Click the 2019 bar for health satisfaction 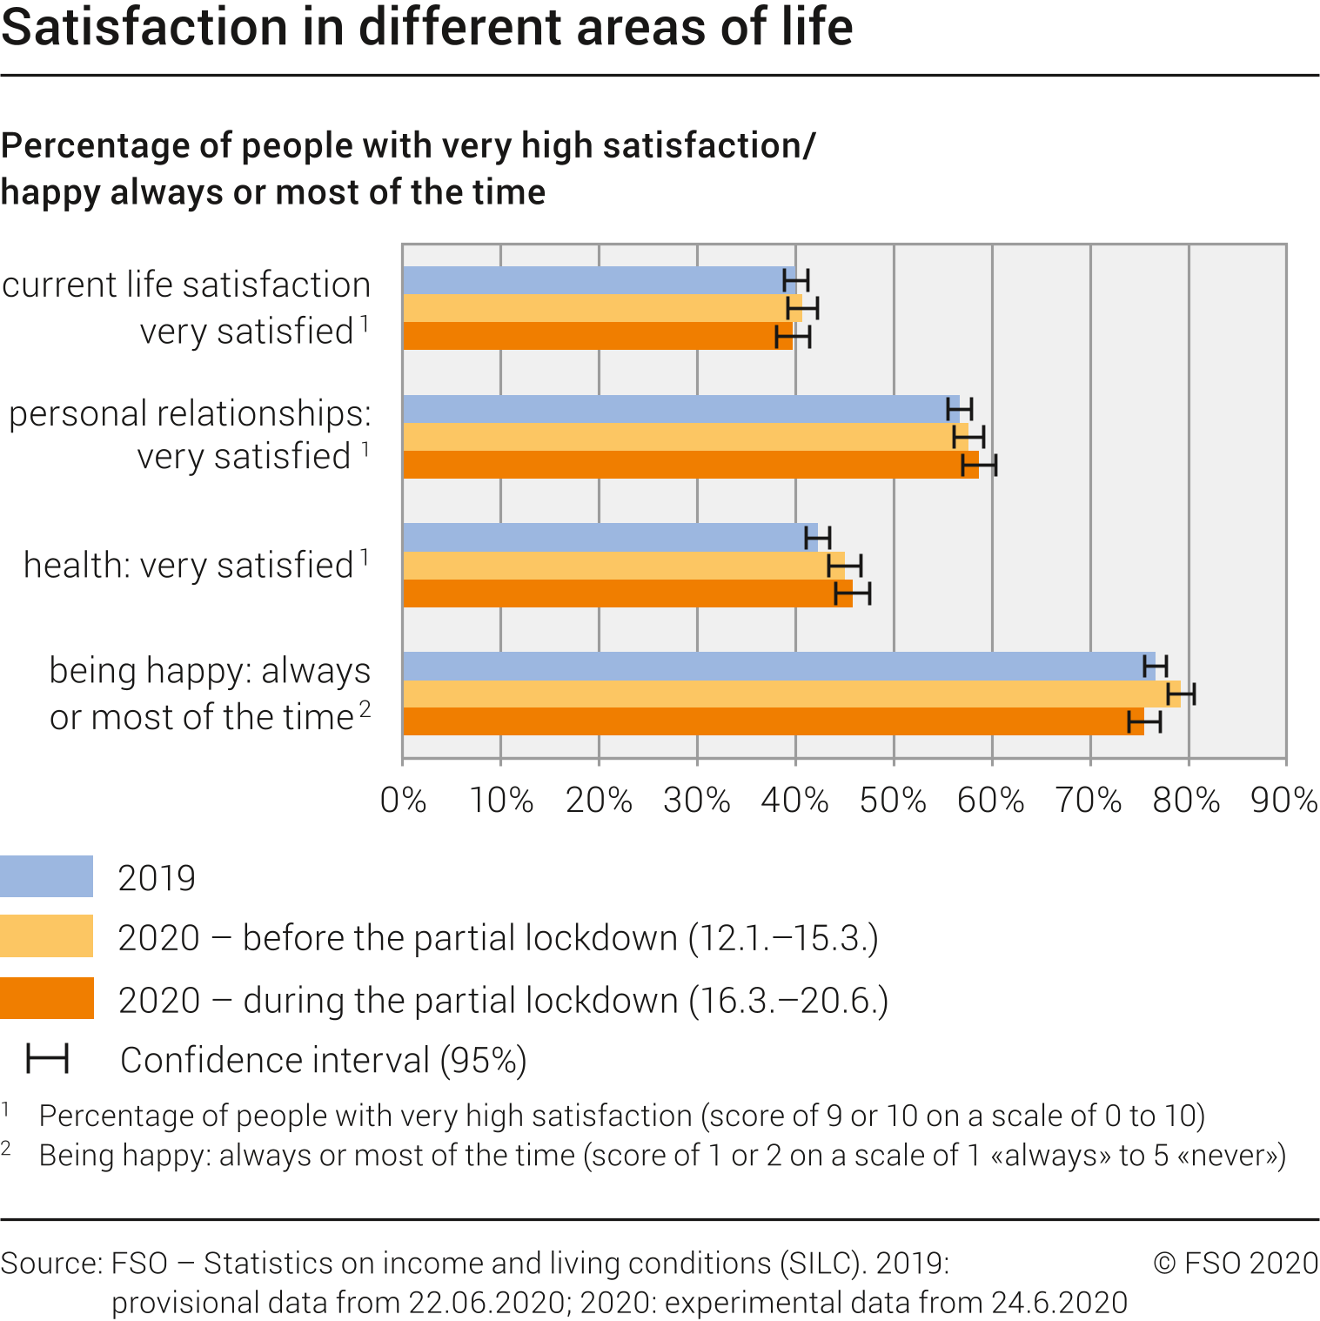click(x=609, y=537)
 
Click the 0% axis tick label click(x=403, y=800)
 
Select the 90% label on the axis click(x=1284, y=800)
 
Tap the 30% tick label click(x=697, y=800)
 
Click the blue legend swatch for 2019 click(x=47, y=876)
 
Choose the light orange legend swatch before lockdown click(x=47, y=936)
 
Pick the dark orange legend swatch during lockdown click(x=47, y=998)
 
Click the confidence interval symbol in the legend click(x=47, y=1059)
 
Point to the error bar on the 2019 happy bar click(x=1155, y=666)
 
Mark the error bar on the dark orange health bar click(x=853, y=593)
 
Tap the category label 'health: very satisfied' click(x=196, y=565)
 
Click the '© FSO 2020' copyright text click(x=1236, y=1263)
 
